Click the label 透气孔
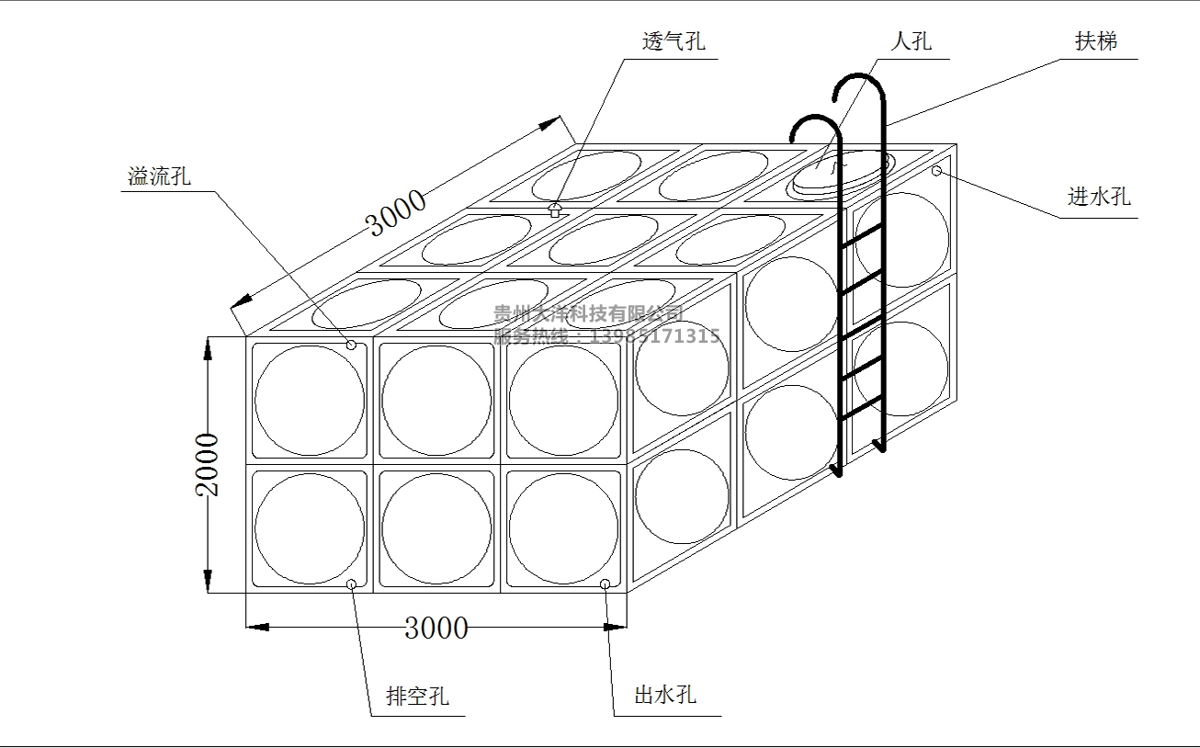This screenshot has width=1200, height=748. tap(674, 42)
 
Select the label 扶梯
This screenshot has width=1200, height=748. tap(1095, 41)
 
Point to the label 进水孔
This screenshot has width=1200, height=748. tap(1099, 197)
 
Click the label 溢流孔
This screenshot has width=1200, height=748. tap(159, 176)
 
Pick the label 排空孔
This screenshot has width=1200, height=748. tap(417, 697)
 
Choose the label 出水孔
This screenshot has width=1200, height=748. tap(665, 695)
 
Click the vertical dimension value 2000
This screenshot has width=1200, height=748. tap(210, 464)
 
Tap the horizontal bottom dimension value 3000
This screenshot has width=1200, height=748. tap(436, 629)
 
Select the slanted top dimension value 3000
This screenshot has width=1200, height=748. tap(396, 213)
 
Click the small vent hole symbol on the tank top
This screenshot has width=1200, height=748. tap(554, 210)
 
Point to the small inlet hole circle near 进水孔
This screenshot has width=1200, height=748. tap(937, 172)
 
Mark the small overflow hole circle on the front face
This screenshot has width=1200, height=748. tap(351, 345)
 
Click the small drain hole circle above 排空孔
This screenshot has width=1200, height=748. tap(351, 584)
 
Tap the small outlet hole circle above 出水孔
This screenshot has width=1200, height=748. tap(606, 584)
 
